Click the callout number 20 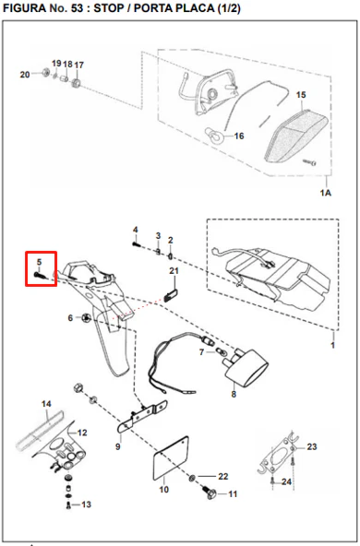[x=25, y=75]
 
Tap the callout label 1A [x=326, y=193]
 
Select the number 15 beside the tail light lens [x=301, y=95]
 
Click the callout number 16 [x=239, y=136]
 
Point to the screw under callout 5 [x=40, y=276]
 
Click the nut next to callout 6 [x=86, y=317]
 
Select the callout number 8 [x=234, y=394]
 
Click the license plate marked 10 [x=171, y=458]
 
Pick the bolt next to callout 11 [x=210, y=493]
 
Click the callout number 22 [x=223, y=476]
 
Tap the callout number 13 [x=86, y=504]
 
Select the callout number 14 [x=46, y=404]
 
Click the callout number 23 [x=312, y=446]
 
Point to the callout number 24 [x=286, y=482]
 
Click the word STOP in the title [x=108, y=8]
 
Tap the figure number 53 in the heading [x=77, y=8]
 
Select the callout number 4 [x=135, y=230]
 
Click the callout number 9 [x=118, y=446]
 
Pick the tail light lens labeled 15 [x=296, y=136]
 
